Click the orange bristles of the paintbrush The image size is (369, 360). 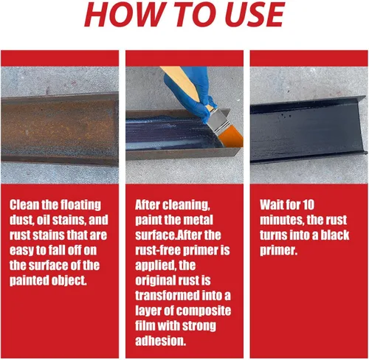click(231, 139)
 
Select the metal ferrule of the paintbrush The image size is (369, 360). click(217, 120)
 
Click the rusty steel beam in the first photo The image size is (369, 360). click(60, 128)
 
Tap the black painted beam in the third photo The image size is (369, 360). click(308, 130)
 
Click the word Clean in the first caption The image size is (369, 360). click(24, 204)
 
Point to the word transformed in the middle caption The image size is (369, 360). click(168, 296)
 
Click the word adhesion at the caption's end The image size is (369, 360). click(160, 341)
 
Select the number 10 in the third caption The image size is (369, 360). click(308, 204)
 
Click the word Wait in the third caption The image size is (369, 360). click(272, 204)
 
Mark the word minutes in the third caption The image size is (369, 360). click(282, 220)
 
